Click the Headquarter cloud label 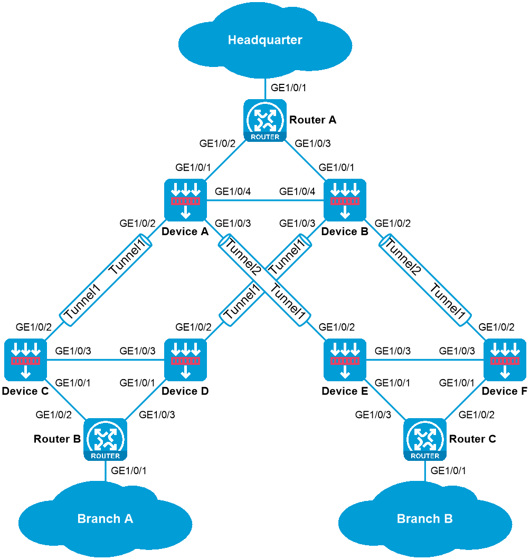(x=265, y=40)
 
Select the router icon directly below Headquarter (x=265, y=120)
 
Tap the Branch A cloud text (x=105, y=519)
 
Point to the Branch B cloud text (x=424, y=519)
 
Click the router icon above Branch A (x=105, y=439)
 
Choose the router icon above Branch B (x=425, y=439)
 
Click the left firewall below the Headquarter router (x=185, y=200)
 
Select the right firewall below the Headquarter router (x=345, y=200)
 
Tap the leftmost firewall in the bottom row (x=25, y=360)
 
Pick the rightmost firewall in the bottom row (x=505, y=360)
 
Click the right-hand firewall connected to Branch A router (x=185, y=360)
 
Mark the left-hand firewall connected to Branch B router (x=345, y=360)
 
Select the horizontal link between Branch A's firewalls (x=106, y=360)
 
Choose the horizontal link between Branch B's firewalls (x=425, y=360)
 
